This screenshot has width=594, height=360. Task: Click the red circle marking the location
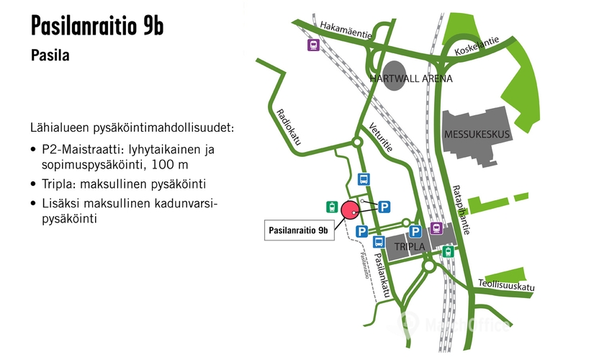(x=350, y=210)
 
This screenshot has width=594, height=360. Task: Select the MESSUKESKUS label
(x=478, y=134)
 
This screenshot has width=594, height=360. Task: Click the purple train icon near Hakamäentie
(x=313, y=45)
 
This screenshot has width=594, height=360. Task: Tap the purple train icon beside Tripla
(x=436, y=228)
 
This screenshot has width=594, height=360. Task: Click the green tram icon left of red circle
(x=330, y=207)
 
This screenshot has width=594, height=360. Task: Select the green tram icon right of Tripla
(x=449, y=251)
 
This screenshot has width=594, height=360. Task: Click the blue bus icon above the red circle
(x=364, y=179)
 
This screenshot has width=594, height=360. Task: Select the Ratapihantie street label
(x=461, y=210)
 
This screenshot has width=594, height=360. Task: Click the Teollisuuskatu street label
(x=506, y=287)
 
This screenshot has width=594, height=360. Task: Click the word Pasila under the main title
(x=50, y=55)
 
